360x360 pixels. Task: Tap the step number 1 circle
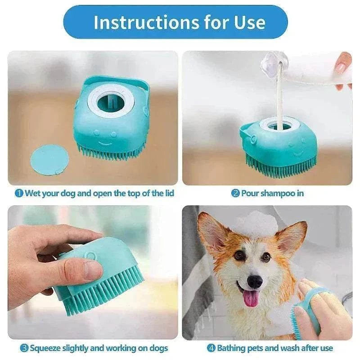pyautogui.click(x=19, y=193)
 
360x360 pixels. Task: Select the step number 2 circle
pyautogui.click(x=235, y=193)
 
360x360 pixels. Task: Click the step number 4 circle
pyautogui.click(x=211, y=348)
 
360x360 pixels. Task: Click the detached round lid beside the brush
pyautogui.click(x=49, y=159)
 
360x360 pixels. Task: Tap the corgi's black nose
pyautogui.click(x=255, y=281)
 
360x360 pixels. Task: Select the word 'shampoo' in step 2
pyautogui.click(x=275, y=193)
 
